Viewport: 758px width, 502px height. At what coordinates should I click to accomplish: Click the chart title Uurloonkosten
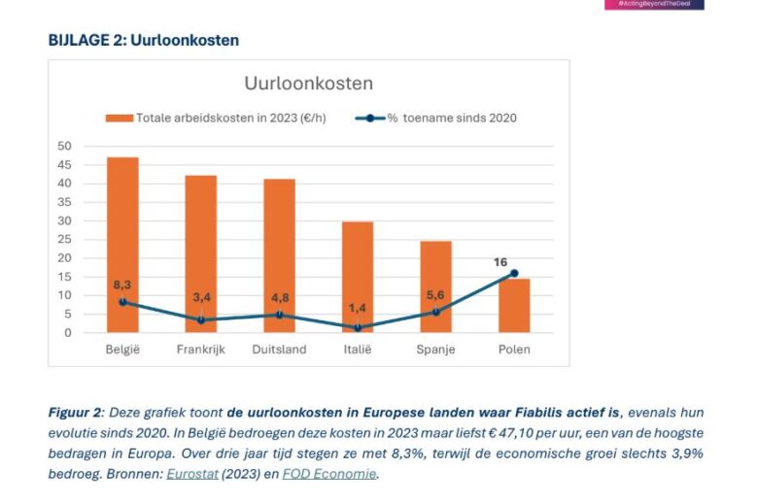click(x=308, y=84)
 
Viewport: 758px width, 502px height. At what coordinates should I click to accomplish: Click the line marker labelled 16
click(x=514, y=273)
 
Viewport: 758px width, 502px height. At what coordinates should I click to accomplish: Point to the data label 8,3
click(x=122, y=285)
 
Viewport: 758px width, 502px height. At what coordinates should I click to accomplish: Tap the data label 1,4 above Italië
click(x=358, y=308)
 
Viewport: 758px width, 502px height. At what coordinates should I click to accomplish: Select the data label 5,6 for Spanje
click(x=435, y=294)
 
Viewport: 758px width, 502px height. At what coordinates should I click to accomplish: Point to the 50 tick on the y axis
click(x=64, y=146)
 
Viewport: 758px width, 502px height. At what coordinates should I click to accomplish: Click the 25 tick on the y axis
click(x=64, y=239)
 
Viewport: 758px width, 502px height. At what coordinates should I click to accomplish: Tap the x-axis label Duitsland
click(x=279, y=350)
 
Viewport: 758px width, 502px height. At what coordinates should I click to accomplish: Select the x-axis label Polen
click(x=514, y=350)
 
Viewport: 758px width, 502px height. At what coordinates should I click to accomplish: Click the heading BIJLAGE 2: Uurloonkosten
click(x=143, y=40)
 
